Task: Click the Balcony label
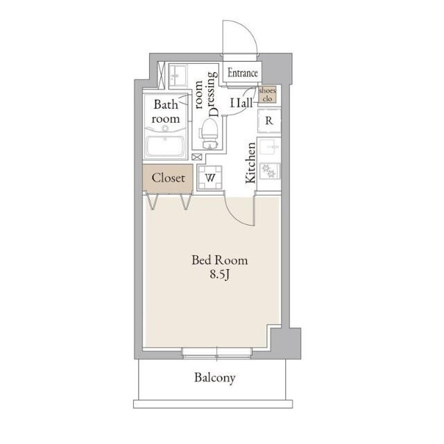tap(214, 378)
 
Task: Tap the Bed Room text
tap(219, 260)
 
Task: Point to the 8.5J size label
tap(219, 275)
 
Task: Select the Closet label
tap(168, 178)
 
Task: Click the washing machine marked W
tap(210, 178)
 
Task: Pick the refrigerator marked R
tap(268, 121)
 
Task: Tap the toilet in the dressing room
tap(210, 133)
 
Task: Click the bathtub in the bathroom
tap(165, 146)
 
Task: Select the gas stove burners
tap(269, 171)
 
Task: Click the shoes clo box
tap(267, 94)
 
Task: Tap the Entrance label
tap(243, 73)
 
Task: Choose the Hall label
tap(241, 103)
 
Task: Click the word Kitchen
tap(250, 162)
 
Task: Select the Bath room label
tap(166, 112)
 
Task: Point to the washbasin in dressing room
tap(178, 76)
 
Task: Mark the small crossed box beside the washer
tap(196, 157)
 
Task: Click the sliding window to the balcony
tap(217, 354)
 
